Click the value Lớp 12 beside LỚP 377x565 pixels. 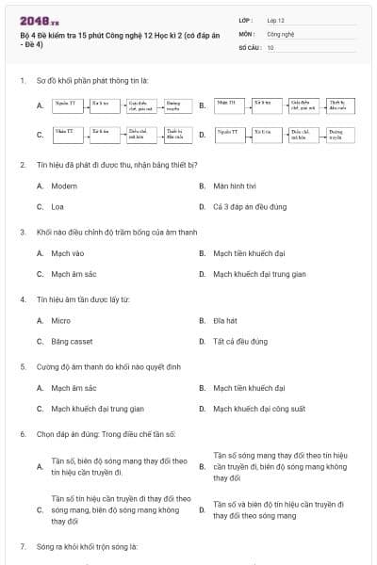pyautogui.click(x=275, y=20)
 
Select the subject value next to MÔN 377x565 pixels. pyautogui.click(x=281, y=33)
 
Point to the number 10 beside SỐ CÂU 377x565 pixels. pyautogui.click(x=270, y=46)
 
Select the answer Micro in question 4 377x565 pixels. pyautogui.click(x=60, y=321)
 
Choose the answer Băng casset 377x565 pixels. pyautogui.click(x=73, y=341)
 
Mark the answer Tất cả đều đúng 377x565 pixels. pyautogui.click(x=240, y=341)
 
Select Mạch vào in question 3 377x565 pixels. pyautogui.click(x=68, y=253)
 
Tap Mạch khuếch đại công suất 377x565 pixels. pyautogui.click(x=259, y=409)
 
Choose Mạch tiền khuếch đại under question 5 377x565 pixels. pyautogui.click(x=249, y=388)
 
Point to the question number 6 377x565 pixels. pyautogui.click(x=23, y=434)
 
